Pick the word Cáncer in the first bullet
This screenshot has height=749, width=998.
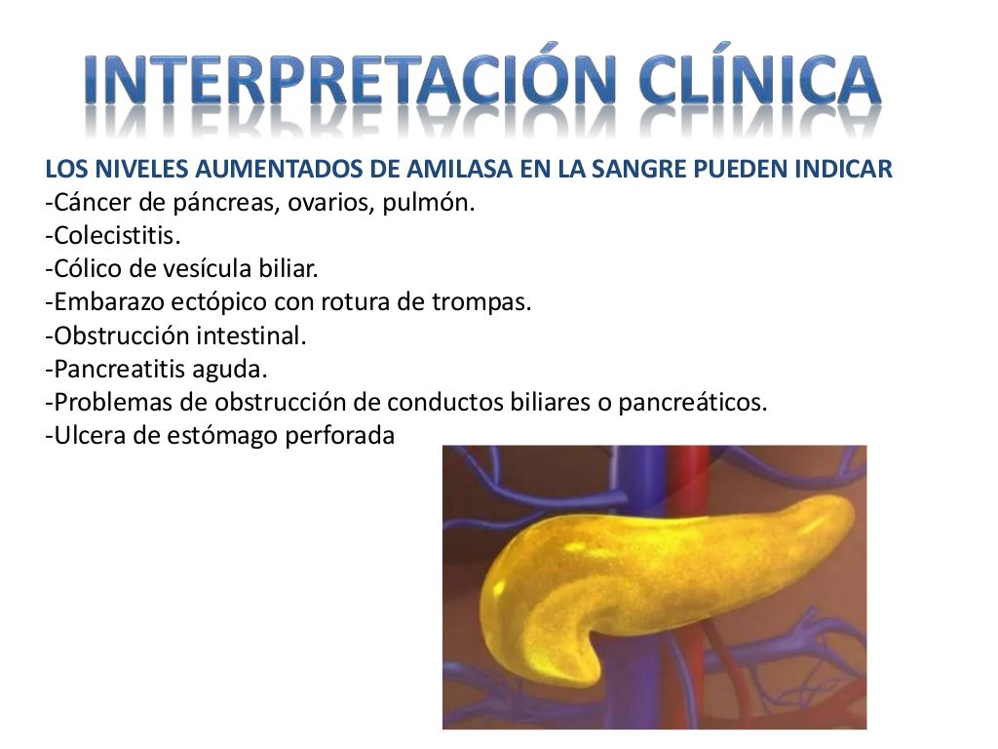pos(88,204)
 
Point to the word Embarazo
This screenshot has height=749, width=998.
pos(102,302)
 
